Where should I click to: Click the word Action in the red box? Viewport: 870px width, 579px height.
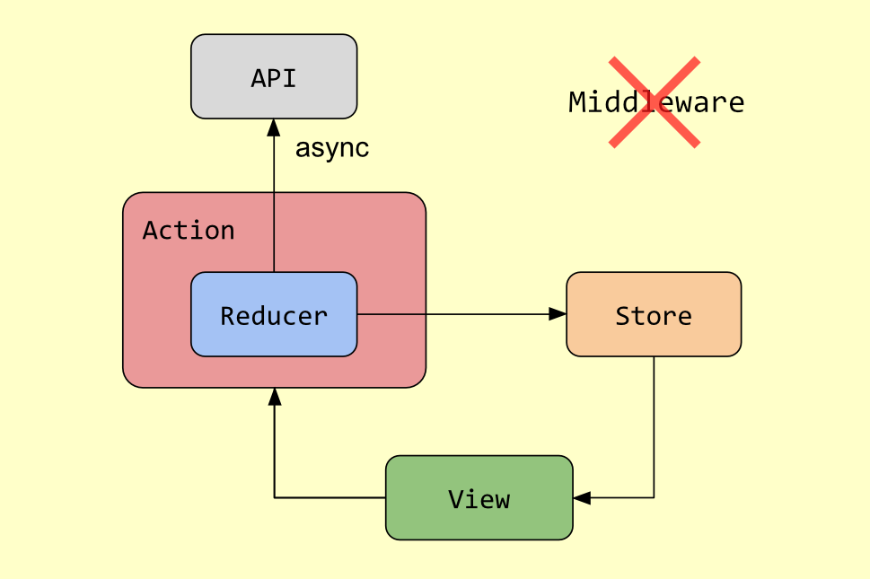pyautogui.click(x=189, y=231)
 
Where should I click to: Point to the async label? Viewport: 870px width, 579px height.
pyautogui.click(x=331, y=148)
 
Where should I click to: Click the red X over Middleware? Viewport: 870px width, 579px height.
pyautogui.click(x=655, y=101)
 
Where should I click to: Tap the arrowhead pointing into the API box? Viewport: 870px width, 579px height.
pyautogui.click(x=274, y=127)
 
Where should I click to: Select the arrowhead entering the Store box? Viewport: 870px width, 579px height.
pyautogui.click(x=558, y=314)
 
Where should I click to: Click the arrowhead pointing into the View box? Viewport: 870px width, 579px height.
pyautogui.click(x=582, y=497)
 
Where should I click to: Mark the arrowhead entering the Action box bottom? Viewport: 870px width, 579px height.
pyautogui.click(x=274, y=396)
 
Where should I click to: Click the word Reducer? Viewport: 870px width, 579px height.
pyautogui.click(x=274, y=316)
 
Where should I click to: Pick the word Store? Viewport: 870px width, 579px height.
pyautogui.click(x=654, y=316)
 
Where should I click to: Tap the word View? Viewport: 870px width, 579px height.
pyautogui.click(x=479, y=499)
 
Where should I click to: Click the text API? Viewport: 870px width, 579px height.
pyautogui.click(x=274, y=78)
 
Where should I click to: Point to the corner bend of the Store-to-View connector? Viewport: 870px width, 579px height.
pyautogui.click(x=654, y=497)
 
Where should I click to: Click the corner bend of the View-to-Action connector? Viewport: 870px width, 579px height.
pyautogui.click(x=274, y=497)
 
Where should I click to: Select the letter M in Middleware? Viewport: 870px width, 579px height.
pyautogui.click(x=577, y=102)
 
